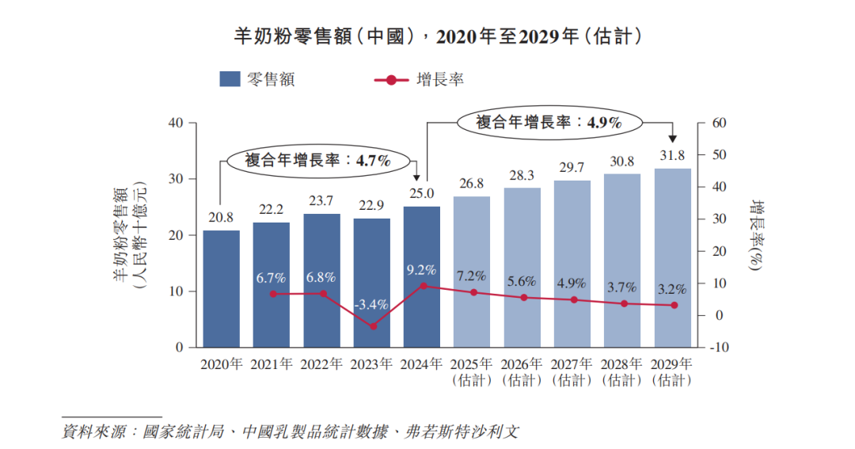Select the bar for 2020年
coord(221,288)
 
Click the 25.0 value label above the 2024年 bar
coord(422,193)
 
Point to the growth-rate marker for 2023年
coord(372,326)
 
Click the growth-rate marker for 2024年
coord(422,286)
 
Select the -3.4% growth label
coord(371,304)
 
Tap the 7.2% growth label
coord(471,276)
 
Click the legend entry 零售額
coord(258,79)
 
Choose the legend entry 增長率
coord(419,79)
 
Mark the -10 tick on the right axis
coord(721,348)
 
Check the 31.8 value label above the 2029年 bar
coord(672,155)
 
